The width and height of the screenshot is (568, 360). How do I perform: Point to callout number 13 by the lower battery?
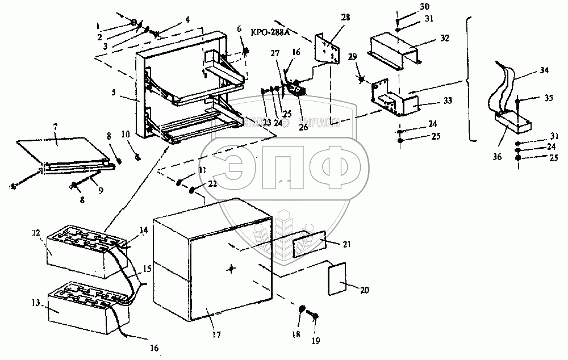[35, 304]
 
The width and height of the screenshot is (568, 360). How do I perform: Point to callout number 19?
[316, 341]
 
